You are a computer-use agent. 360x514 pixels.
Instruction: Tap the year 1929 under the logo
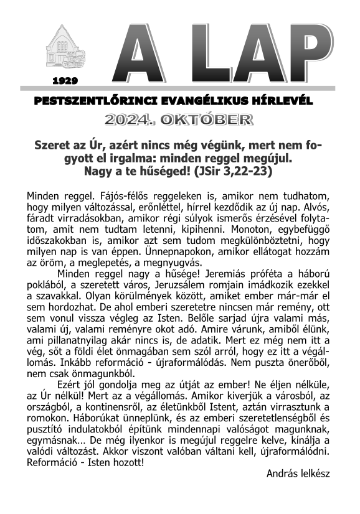pyautogui.click(x=65, y=81)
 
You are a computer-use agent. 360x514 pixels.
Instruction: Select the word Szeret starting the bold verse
pyautogui.click(x=53, y=144)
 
